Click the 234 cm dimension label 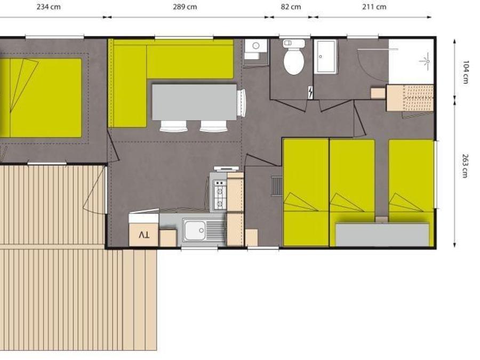pyautogui.click(x=49, y=7)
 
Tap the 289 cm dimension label pyautogui.click(x=185, y=7)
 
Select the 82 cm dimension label pyautogui.click(x=291, y=7)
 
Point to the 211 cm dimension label pyautogui.click(x=374, y=7)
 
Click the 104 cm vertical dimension pyautogui.click(x=466, y=71)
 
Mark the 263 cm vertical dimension pyautogui.click(x=466, y=166)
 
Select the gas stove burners pyautogui.click(x=220, y=194)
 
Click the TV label pyautogui.click(x=144, y=235)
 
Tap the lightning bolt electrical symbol pyautogui.click(x=310, y=92)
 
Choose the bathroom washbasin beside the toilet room pyautogui.click(x=326, y=57)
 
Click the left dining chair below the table pyautogui.click(x=173, y=126)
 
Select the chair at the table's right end pyautogui.click(x=242, y=102)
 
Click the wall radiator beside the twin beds pyautogui.click(x=277, y=186)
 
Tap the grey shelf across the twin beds pyautogui.click(x=382, y=235)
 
